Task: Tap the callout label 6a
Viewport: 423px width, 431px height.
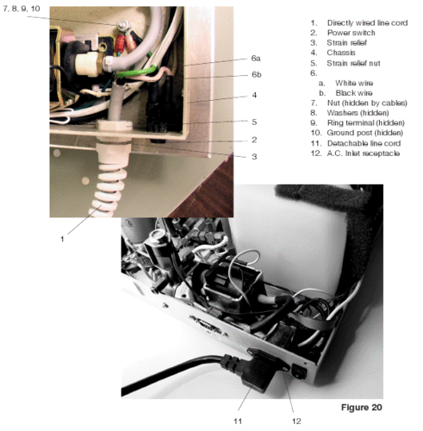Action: tap(256, 58)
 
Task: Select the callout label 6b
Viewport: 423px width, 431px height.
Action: tap(256, 75)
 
